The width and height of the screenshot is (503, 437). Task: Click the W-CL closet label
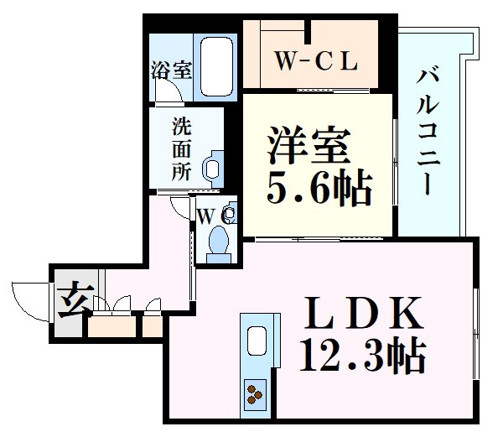pyautogui.click(x=316, y=61)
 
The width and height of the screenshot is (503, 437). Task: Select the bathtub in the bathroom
pyautogui.click(x=216, y=67)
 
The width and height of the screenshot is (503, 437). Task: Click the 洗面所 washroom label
pyautogui.click(x=182, y=149)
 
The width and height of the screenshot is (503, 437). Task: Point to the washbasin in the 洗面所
pyautogui.click(x=213, y=169)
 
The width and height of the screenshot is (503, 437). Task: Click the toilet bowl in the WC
pyautogui.click(x=219, y=239)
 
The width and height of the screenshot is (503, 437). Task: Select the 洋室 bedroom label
pyautogui.click(x=309, y=144)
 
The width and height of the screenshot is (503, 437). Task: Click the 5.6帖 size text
pyautogui.click(x=319, y=189)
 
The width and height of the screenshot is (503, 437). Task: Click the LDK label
pyautogui.click(x=362, y=313)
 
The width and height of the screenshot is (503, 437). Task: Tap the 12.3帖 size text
pyautogui.click(x=362, y=355)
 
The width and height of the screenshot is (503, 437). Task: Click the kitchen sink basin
pyautogui.click(x=257, y=341)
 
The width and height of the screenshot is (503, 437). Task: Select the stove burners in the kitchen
pyautogui.click(x=255, y=394)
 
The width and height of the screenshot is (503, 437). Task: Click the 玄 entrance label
pyautogui.click(x=75, y=299)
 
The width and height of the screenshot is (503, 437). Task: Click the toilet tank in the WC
pyautogui.click(x=219, y=258)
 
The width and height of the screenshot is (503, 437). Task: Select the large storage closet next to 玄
pyautogui.click(x=112, y=326)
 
